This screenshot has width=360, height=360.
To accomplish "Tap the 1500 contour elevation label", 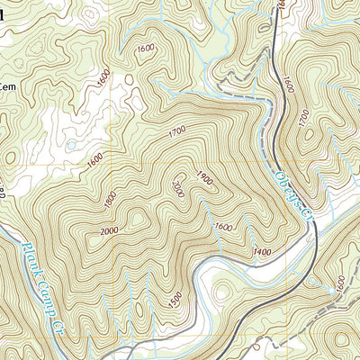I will click(175, 297).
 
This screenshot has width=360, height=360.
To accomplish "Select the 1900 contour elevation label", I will click(204, 178).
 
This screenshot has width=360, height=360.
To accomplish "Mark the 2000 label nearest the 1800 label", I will click(110, 232).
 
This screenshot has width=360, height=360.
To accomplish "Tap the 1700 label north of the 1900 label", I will click(176, 132).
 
